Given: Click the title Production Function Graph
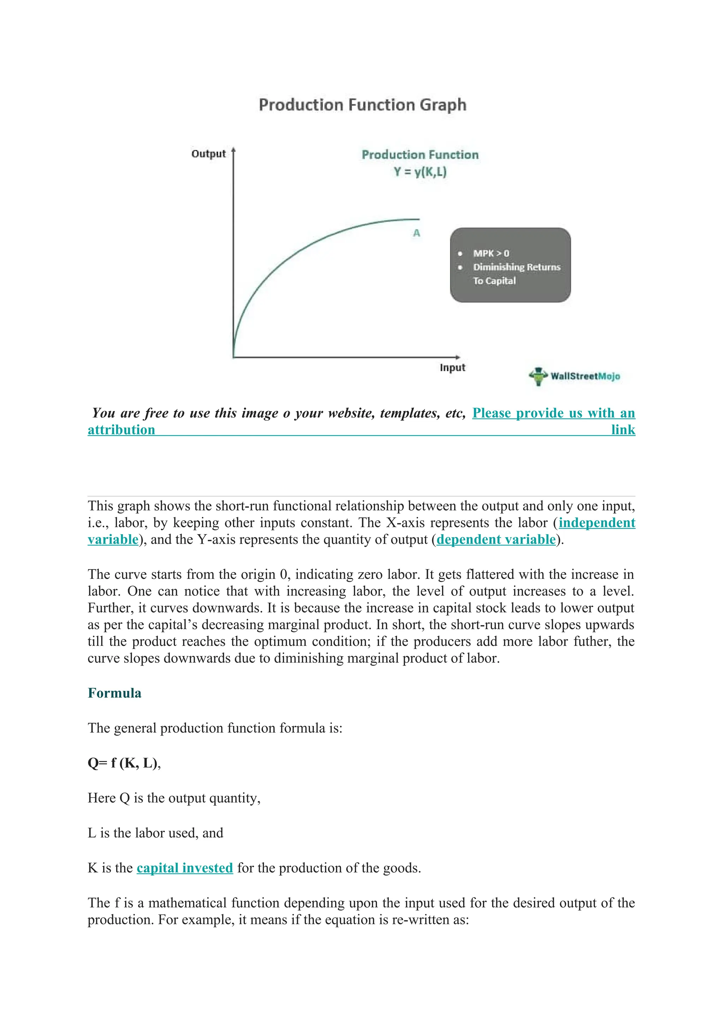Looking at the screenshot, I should [x=363, y=105].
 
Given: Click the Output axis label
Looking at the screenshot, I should [x=208, y=154].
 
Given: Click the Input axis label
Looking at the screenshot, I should [x=452, y=368].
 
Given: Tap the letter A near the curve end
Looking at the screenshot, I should [x=416, y=233].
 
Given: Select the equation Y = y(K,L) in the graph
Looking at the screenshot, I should [x=420, y=172].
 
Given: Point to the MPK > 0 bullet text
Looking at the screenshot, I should [x=491, y=253].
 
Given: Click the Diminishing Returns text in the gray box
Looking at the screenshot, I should [x=516, y=267].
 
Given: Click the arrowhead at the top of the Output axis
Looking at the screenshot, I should [x=233, y=150].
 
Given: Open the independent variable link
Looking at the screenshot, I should [x=597, y=523].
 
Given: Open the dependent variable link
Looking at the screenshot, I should [x=496, y=540].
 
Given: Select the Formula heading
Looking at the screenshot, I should [x=114, y=693].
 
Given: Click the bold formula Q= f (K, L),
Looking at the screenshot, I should [x=124, y=763].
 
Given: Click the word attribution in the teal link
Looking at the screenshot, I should [x=121, y=430].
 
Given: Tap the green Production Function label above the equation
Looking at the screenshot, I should [x=420, y=155].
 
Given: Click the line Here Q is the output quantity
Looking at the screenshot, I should [x=174, y=798].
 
